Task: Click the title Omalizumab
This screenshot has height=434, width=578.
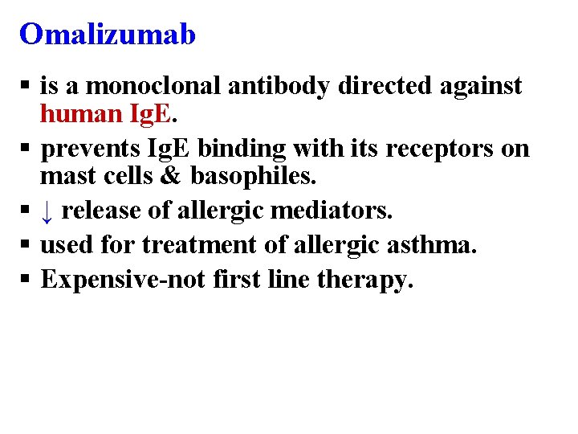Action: click(108, 34)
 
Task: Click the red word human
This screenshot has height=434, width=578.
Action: click(79, 114)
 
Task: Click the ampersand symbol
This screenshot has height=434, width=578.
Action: click(172, 177)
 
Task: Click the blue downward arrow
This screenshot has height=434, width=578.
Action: click(47, 211)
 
